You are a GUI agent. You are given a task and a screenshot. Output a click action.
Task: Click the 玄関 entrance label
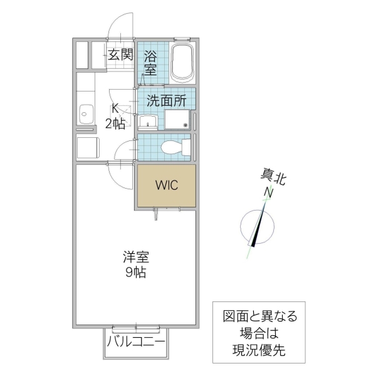(120, 55)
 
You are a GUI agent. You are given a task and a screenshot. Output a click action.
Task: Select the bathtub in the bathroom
(183, 63)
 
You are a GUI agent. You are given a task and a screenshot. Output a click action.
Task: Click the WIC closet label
(167, 185)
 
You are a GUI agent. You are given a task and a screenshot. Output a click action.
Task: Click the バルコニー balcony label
(135, 342)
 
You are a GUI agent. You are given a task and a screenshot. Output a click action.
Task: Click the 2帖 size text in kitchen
(115, 123)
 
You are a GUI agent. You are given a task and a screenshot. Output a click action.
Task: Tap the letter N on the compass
(268, 192)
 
